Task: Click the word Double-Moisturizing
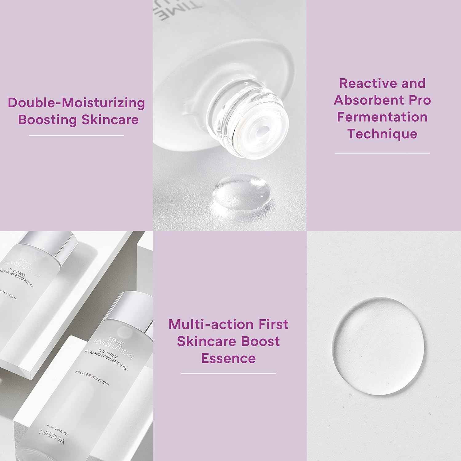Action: point(76,103)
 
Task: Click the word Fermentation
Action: point(382,117)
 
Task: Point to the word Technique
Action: point(382,134)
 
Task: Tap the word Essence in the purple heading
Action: point(228,358)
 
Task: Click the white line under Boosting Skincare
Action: point(76,136)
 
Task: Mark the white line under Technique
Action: point(382,153)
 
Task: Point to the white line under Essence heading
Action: point(228,374)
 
